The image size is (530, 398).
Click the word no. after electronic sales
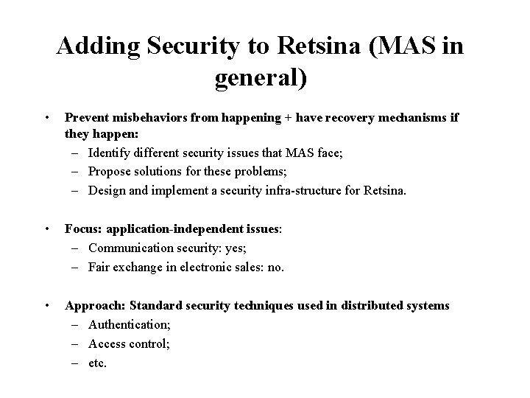coord(275,267)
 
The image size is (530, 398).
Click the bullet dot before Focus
coord(46,229)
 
